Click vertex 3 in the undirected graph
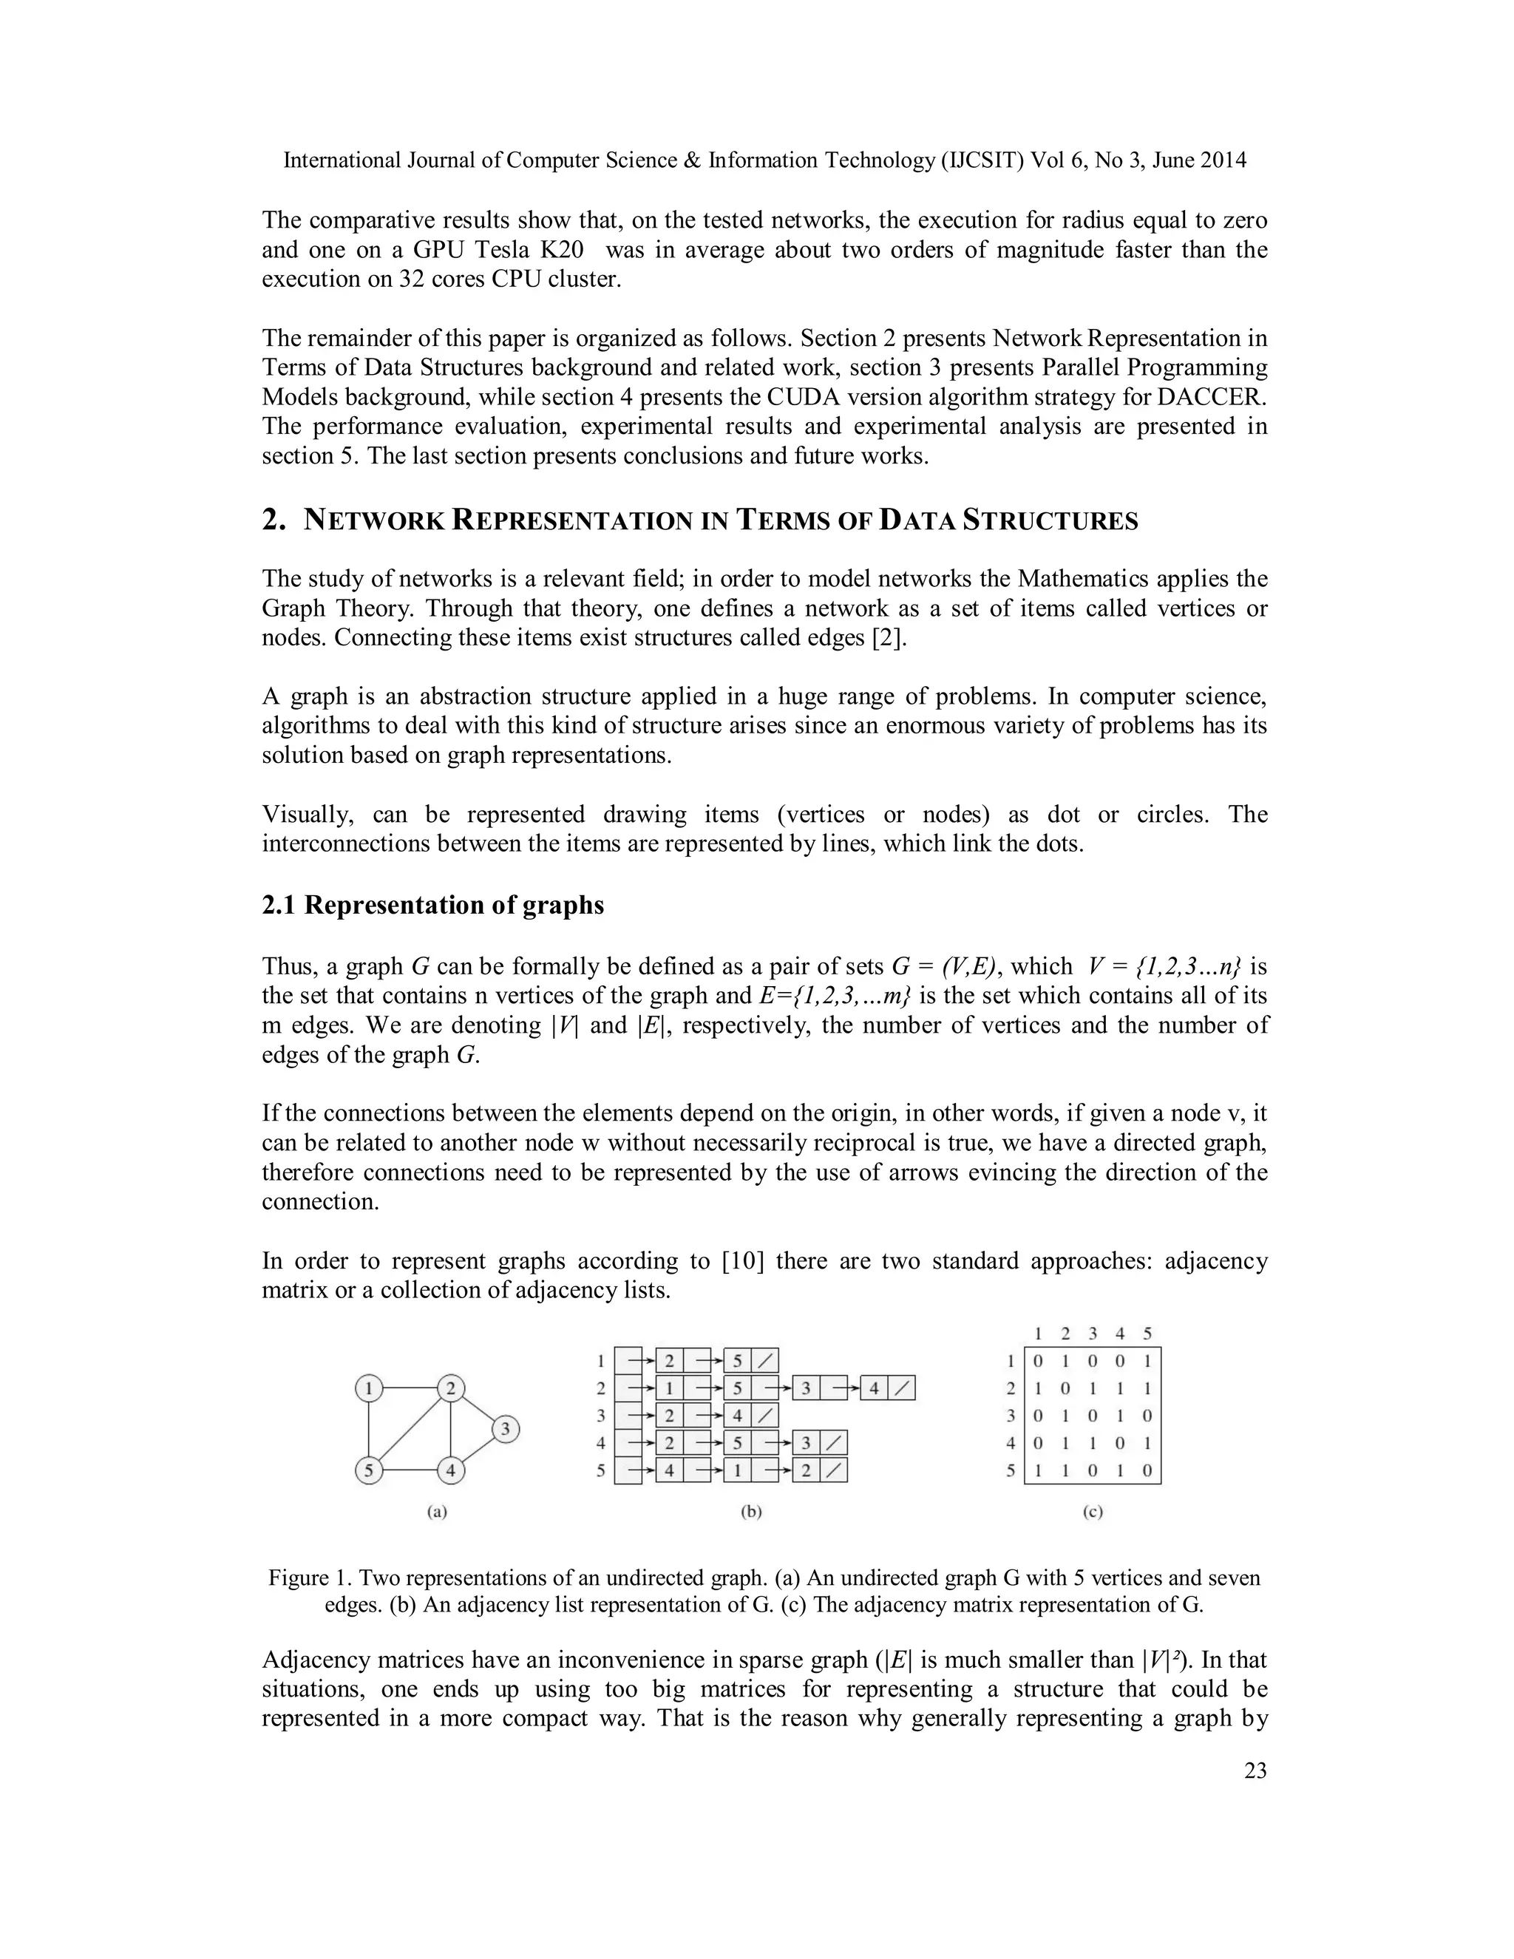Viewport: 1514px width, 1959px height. coord(506,1429)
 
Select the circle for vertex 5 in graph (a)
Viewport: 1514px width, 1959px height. coord(369,1471)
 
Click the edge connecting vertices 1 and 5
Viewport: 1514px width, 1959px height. coord(369,1430)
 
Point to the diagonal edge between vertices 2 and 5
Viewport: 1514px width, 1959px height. coord(410,1430)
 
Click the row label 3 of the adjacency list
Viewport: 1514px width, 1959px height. coord(601,1416)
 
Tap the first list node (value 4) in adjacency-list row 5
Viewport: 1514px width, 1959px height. coord(670,1471)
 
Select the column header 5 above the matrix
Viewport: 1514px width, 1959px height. coord(1147,1334)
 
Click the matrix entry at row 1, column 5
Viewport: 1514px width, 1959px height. coord(1147,1362)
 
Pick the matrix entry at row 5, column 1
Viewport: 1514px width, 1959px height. coord(1039,1472)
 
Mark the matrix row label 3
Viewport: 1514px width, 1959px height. coord(1011,1417)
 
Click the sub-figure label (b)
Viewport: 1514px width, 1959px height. coord(751,1512)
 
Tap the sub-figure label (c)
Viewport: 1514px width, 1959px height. coord(1093,1512)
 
